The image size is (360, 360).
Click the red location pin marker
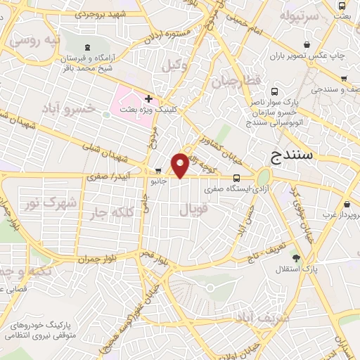point(181,165)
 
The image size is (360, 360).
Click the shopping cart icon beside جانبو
point(157,170)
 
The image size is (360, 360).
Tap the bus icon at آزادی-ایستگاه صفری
point(236,178)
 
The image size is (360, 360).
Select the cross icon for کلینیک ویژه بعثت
point(148,98)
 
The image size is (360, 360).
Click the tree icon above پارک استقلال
point(296,257)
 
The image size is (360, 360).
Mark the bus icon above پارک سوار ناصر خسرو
point(274,91)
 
